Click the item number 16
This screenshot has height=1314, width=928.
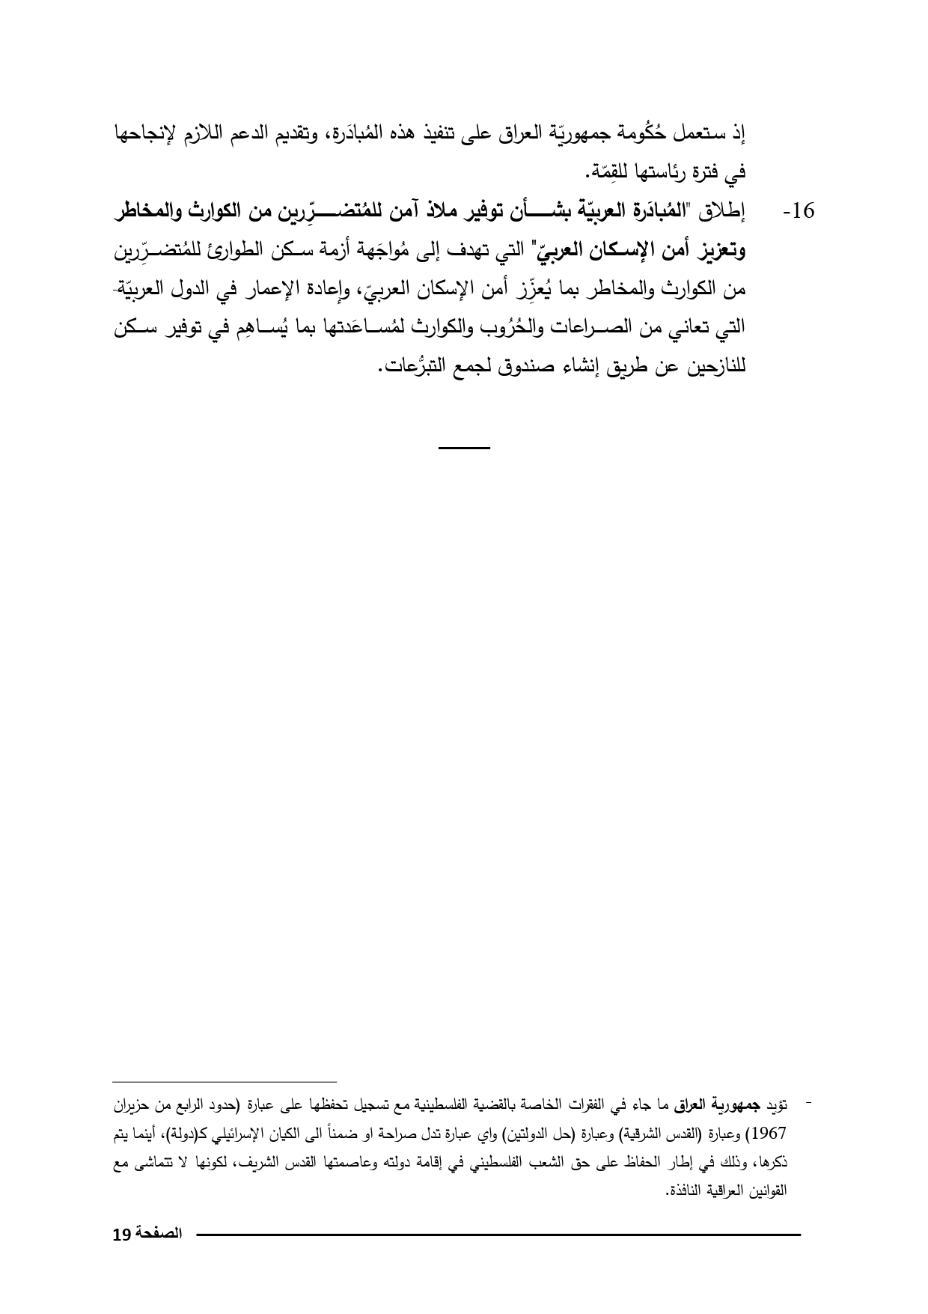point(799,212)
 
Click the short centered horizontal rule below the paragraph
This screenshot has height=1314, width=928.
point(464,448)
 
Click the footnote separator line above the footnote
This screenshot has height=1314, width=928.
point(225,1082)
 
